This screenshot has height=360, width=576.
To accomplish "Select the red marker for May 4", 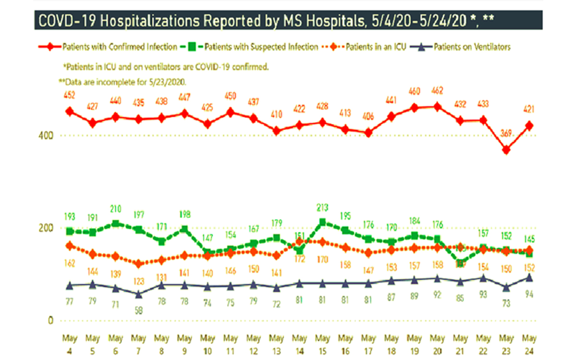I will [70, 111].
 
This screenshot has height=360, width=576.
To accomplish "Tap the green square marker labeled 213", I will [323, 222].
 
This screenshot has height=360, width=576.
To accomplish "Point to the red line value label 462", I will [437, 91].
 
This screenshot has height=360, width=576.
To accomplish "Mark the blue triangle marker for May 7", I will [139, 294].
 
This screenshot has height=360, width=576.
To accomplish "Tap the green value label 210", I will [116, 209].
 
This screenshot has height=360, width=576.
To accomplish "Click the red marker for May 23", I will [506, 150].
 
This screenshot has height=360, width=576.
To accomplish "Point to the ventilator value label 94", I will [529, 294].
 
